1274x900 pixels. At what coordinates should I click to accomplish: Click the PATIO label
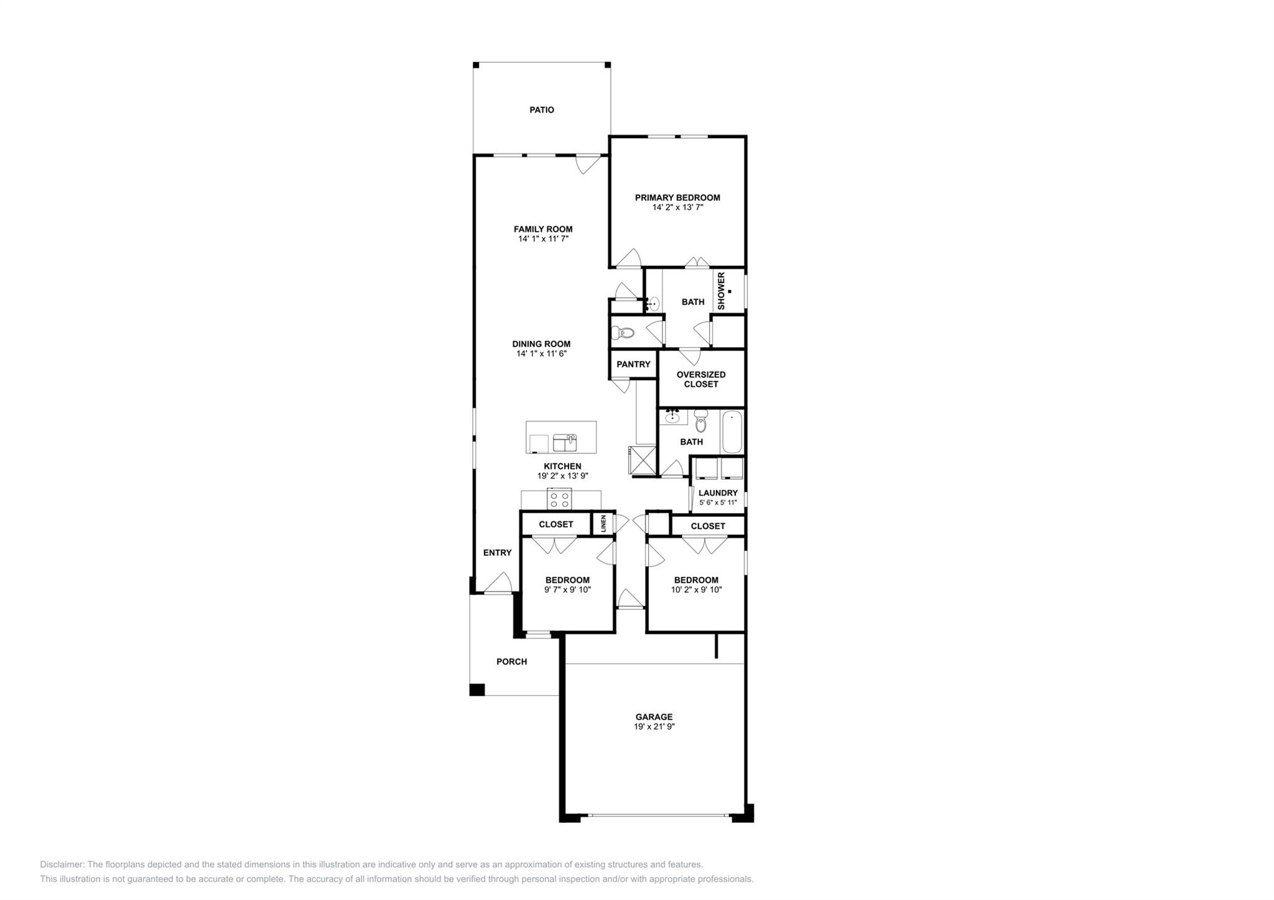point(541,110)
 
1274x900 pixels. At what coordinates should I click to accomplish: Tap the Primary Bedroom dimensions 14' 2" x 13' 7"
point(677,208)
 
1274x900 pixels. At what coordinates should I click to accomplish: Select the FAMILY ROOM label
point(542,229)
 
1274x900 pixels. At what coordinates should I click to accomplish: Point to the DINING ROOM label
point(541,344)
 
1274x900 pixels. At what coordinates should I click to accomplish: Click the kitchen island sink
point(565,443)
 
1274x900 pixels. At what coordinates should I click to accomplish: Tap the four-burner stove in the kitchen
point(560,499)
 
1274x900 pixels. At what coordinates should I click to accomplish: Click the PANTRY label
point(633,364)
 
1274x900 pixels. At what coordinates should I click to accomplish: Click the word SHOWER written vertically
point(721,290)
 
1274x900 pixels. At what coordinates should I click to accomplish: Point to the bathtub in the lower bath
point(732,432)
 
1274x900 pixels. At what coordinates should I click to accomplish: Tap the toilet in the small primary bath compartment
point(623,333)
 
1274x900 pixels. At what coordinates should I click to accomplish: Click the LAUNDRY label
point(718,493)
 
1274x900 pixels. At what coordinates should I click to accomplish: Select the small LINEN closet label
point(603,523)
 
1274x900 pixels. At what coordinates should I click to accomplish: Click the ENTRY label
point(497,553)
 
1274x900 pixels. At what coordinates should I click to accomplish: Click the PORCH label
point(511,662)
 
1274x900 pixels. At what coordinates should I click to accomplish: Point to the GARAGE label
point(654,717)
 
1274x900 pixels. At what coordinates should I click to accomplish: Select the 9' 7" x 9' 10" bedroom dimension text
point(567,590)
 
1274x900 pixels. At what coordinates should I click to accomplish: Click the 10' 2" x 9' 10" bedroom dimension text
point(696,590)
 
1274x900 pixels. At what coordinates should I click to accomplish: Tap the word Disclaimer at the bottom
point(62,865)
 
